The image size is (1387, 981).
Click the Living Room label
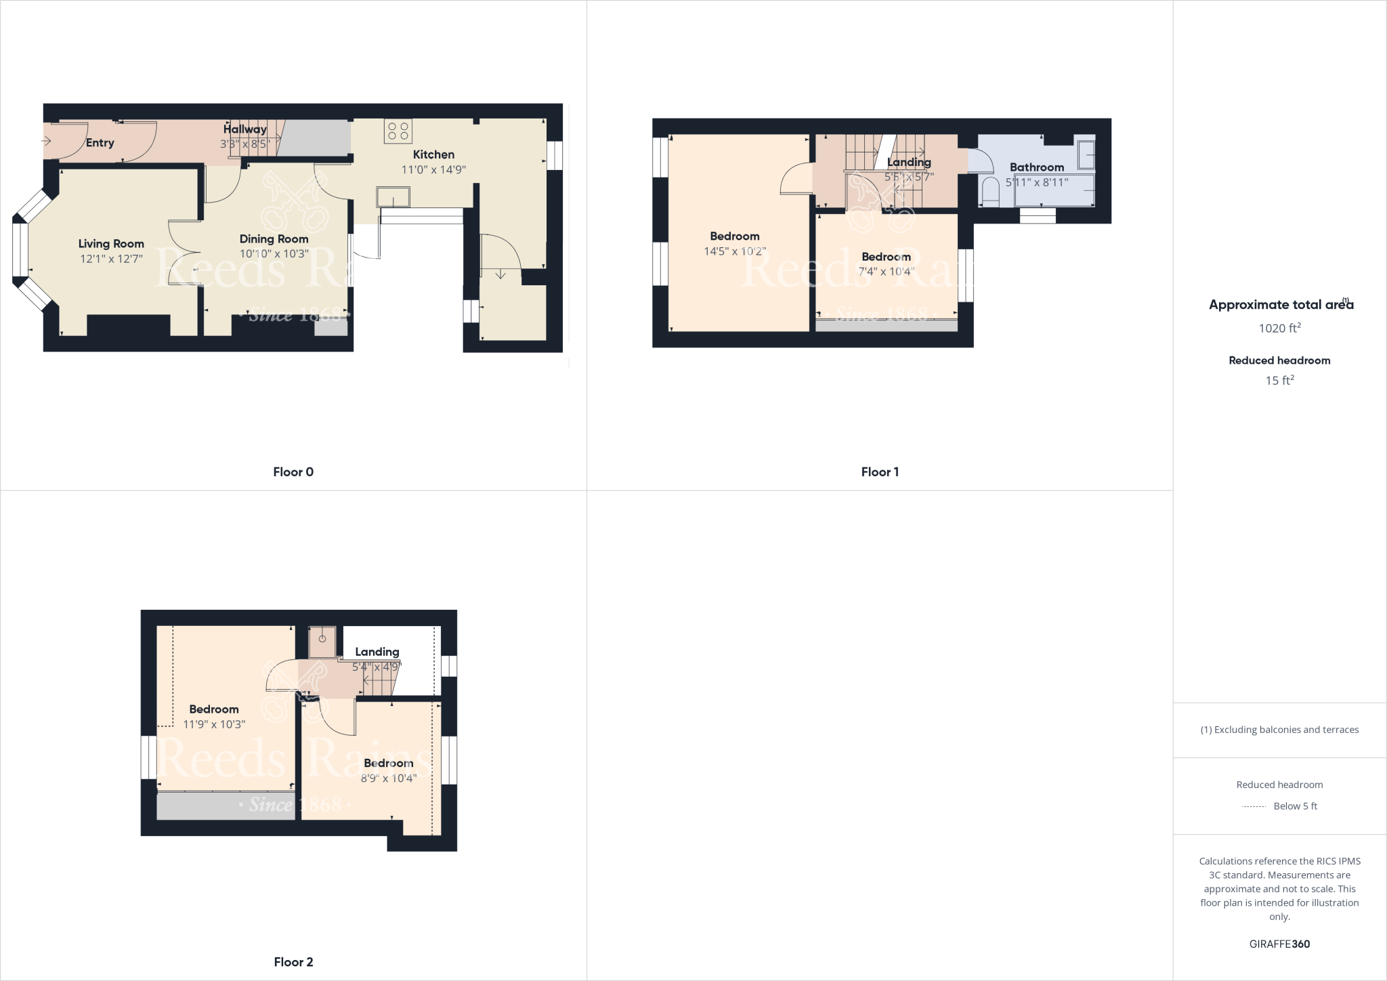coord(111,244)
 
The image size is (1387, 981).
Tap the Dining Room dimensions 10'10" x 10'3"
coord(274,254)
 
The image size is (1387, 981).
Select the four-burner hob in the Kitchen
coord(398,131)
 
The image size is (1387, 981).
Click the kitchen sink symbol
coord(393,196)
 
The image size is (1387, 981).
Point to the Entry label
coord(100,143)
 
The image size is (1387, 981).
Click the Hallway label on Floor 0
coord(244,129)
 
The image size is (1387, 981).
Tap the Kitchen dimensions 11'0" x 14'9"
coord(433,169)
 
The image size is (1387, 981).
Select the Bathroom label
coord(1036,167)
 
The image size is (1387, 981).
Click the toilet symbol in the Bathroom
coord(990,192)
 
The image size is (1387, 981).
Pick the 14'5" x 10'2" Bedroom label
coord(734,236)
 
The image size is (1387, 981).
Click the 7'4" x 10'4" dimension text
coord(886,272)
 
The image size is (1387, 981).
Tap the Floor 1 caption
coord(880,472)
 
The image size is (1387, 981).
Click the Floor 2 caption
coord(293,962)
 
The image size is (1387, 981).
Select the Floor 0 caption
coord(293,472)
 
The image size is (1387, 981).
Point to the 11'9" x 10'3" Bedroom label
coord(213,709)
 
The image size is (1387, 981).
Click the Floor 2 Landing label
coord(377,652)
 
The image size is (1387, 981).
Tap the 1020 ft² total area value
coord(1279,329)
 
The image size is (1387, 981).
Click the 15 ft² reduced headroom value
coord(1279,381)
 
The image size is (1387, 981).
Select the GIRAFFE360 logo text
coord(1279,944)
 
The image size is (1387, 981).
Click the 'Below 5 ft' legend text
coord(1295,806)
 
